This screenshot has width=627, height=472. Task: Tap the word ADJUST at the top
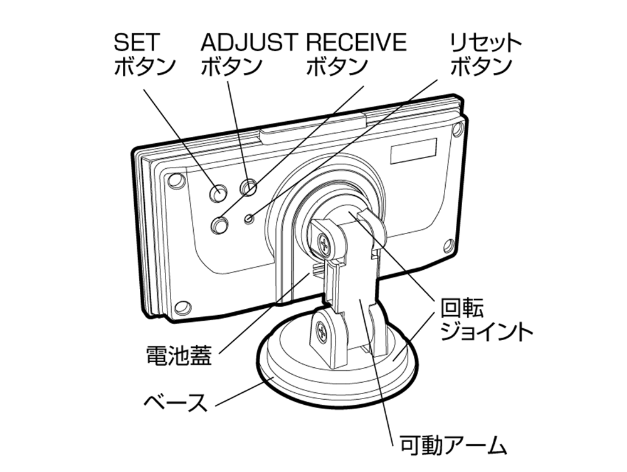tap(248, 42)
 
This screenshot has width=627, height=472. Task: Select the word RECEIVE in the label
tap(356, 42)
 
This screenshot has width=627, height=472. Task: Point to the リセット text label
tap(486, 43)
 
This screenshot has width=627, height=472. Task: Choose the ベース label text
tap(175, 402)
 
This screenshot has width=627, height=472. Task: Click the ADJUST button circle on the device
tap(249, 186)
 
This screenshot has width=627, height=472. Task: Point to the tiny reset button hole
tap(250, 218)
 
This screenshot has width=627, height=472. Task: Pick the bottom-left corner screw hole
tap(182, 308)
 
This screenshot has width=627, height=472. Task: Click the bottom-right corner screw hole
tap(448, 245)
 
